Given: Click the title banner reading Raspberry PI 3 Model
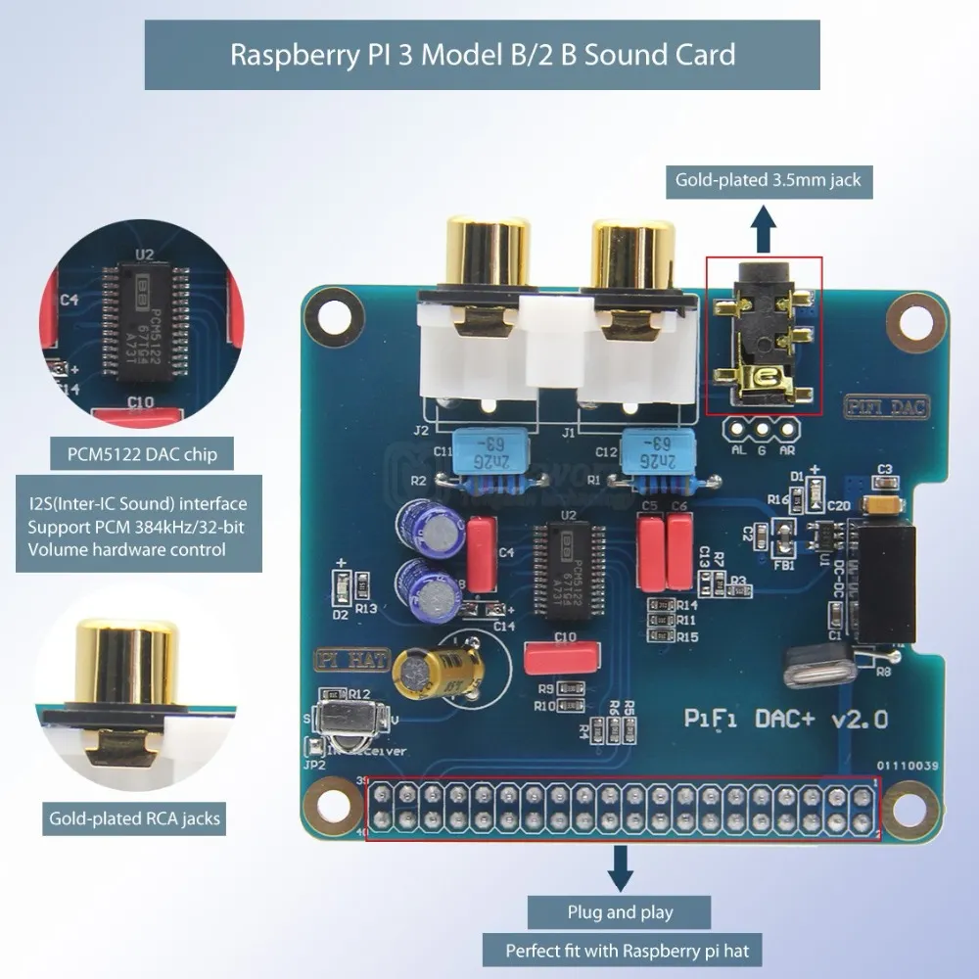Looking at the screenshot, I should tap(483, 54).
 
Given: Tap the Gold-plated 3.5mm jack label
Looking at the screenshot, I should tap(768, 179).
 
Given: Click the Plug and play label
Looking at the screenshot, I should tap(620, 912).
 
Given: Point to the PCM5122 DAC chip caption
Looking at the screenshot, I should tap(143, 454).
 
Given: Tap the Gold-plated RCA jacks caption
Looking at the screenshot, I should tap(135, 818).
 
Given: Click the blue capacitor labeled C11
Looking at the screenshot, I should tap(478, 451).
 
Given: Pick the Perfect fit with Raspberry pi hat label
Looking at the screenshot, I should tap(620, 950).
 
